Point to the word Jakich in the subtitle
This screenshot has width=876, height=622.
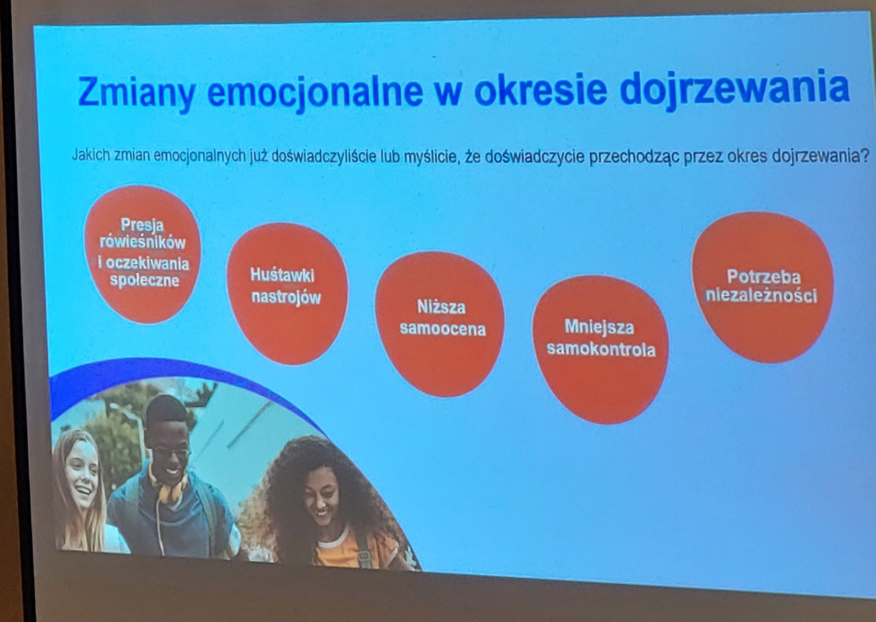(91, 155)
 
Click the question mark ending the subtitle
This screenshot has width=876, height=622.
(865, 156)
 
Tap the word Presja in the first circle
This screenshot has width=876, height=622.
(142, 225)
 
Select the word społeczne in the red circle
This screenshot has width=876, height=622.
(145, 280)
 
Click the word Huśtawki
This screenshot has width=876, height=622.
(282, 275)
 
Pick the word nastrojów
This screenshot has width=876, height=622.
(286, 297)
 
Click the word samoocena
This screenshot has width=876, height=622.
(443, 329)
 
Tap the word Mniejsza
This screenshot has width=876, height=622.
(599, 327)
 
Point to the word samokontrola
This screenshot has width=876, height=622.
(601, 349)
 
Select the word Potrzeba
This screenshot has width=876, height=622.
(763, 277)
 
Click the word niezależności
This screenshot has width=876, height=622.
(762, 296)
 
